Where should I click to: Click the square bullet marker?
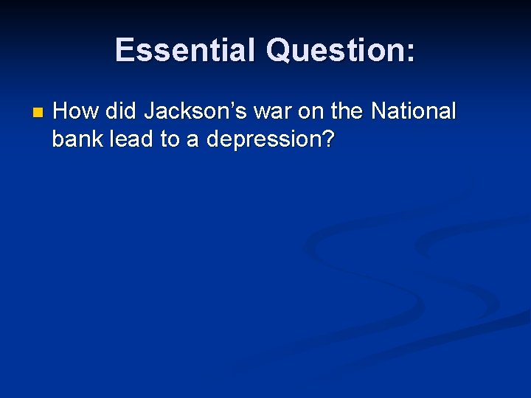(x=38, y=114)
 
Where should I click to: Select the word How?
(x=76, y=112)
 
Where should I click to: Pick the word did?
(x=122, y=112)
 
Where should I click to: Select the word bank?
(x=77, y=139)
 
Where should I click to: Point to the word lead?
(x=131, y=139)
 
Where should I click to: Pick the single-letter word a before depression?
(x=193, y=139)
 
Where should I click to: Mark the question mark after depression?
(x=327, y=139)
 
